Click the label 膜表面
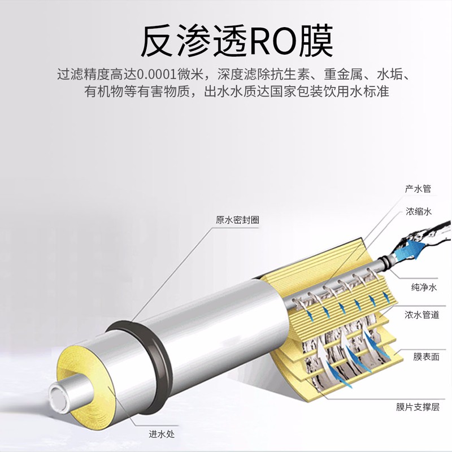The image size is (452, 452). [x=419, y=357]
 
